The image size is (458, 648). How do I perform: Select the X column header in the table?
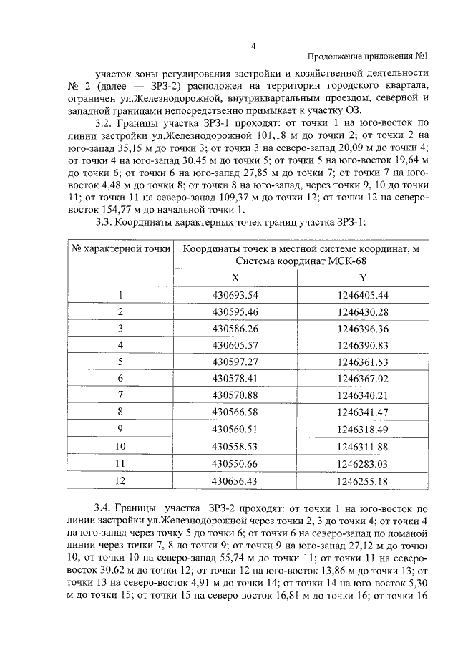(x=235, y=277)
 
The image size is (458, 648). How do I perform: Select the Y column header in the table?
(x=362, y=277)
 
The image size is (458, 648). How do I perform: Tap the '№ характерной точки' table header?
(x=120, y=248)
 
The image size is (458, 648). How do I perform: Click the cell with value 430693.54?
(x=235, y=295)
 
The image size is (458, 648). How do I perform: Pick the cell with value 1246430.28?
(x=362, y=311)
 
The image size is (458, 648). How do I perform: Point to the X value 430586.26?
(x=235, y=328)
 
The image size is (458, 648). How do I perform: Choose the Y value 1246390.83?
(x=362, y=345)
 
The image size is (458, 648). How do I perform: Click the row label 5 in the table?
(x=121, y=362)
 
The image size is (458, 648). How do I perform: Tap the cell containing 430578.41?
(x=235, y=378)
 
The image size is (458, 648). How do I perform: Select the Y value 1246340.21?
(x=362, y=395)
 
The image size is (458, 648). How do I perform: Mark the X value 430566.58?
(x=235, y=412)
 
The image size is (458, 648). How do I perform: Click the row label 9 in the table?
(x=121, y=429)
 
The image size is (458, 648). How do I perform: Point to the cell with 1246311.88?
(x=362, y=446)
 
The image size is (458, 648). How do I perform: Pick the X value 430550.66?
(x=235, y=464)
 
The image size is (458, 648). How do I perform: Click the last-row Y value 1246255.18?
(x=362, y=481)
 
